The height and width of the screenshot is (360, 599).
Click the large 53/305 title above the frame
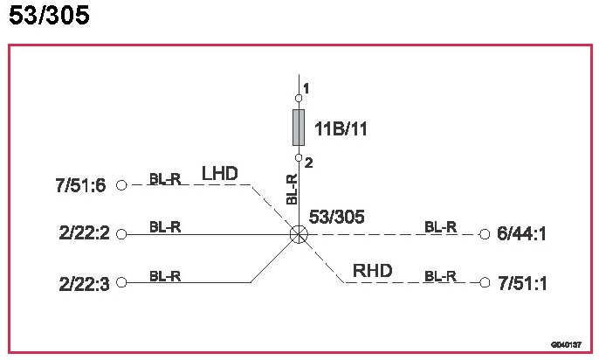[x=49, y=17]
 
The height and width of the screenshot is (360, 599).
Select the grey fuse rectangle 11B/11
[x=299, y=128]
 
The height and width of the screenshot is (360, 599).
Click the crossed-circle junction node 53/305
[x=299, y=234]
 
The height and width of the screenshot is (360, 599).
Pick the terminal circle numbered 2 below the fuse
[x=299, y=158]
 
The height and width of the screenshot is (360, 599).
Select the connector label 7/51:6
[x=79, y=185]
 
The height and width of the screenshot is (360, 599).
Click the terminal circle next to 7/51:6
[x=121, y=185]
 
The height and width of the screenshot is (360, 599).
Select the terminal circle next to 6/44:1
[x=484, y=234]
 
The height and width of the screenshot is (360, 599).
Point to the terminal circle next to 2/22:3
[x=121, y=282]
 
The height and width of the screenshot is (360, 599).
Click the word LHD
[x=220, y=174]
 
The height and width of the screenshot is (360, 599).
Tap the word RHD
[x=371, y=271]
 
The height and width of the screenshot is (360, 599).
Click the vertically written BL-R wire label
[x=293, y=190]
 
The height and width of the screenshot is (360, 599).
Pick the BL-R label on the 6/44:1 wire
[x=441, y=227]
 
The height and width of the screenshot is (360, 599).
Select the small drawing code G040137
[x=566, y=344]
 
